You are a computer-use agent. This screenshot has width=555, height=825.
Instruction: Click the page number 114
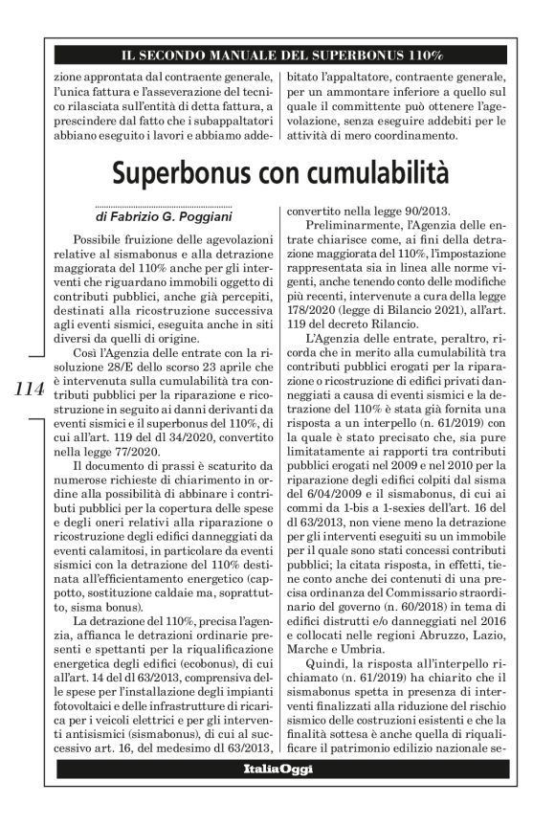coord(30,388)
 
